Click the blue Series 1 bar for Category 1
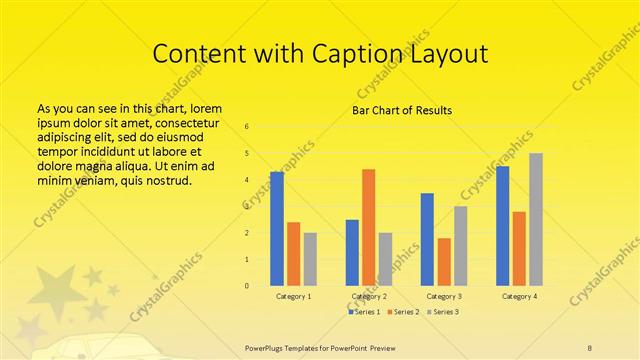(277, 229)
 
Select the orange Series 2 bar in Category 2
(368, 227)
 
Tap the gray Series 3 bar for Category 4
(535, 219)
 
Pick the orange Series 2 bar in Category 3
(444, 262)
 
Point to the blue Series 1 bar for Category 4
(502, 226)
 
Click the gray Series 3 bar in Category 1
(310, 259)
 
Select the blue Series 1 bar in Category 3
(427, 239)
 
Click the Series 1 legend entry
(366, 313)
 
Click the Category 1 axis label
(293, 297)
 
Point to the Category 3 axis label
(444, 297)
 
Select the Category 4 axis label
(519, 297)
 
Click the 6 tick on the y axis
(247, 127)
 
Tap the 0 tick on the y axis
(247, 286)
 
